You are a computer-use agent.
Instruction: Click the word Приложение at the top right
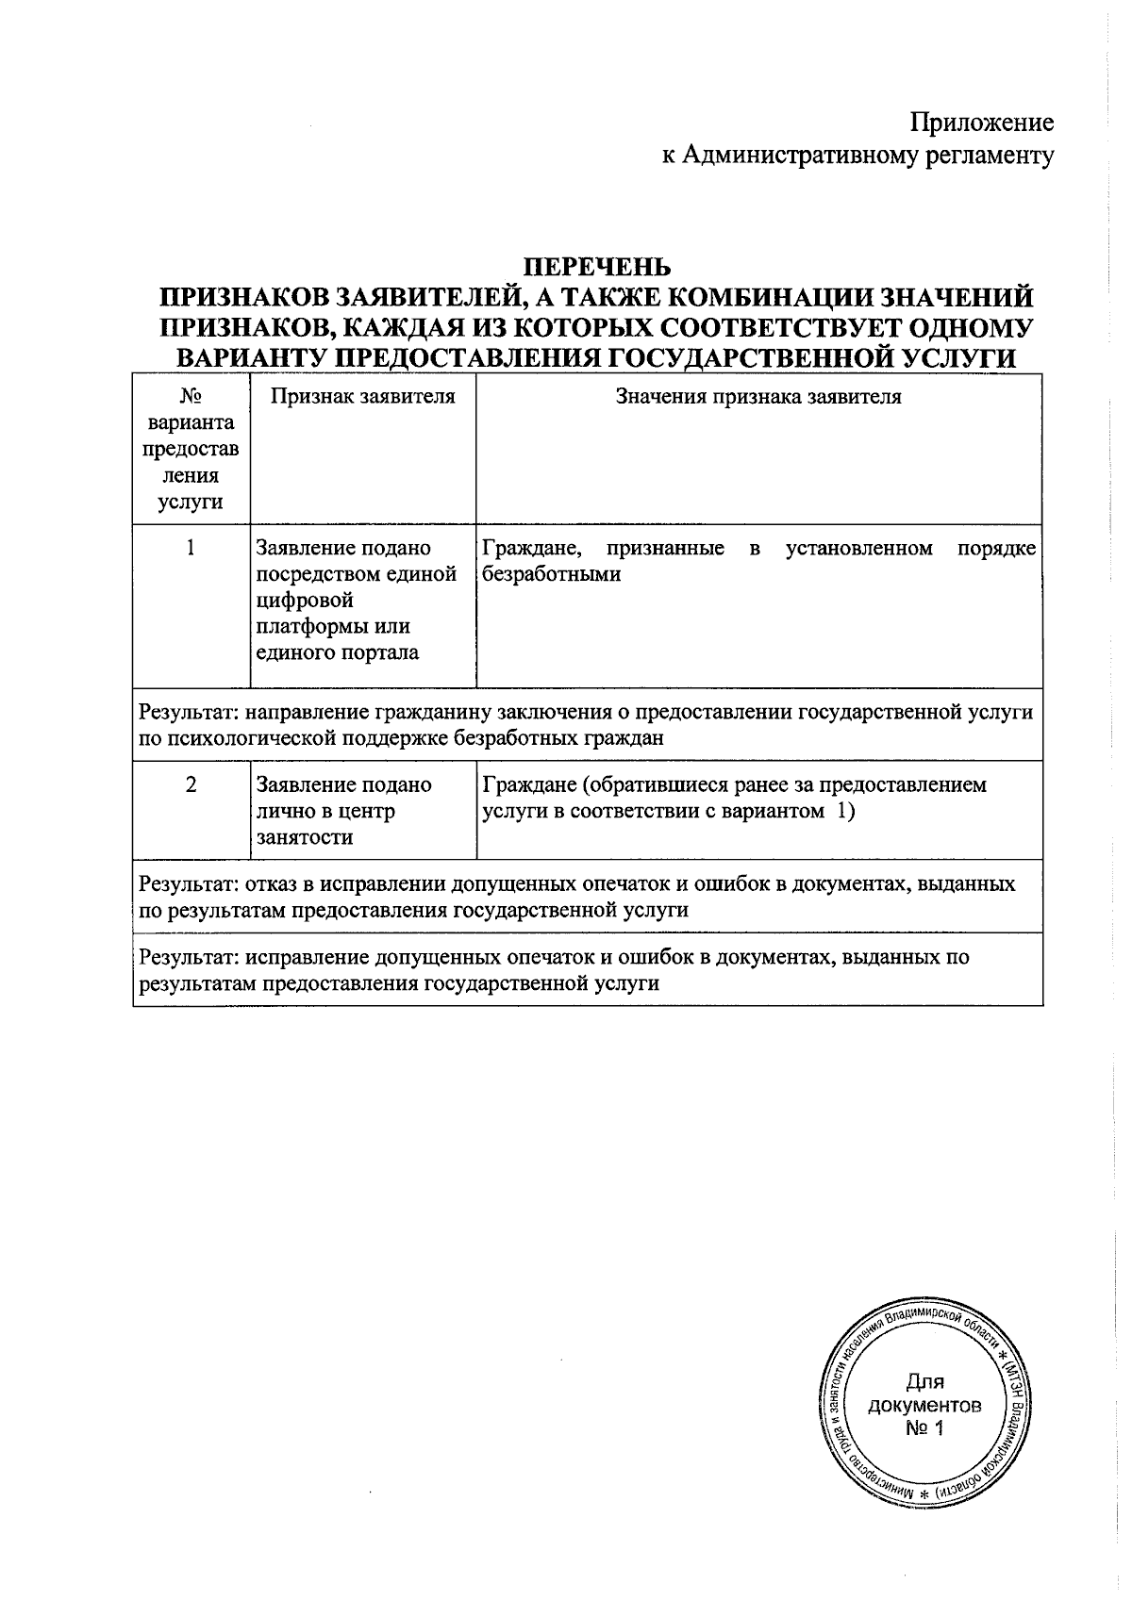[x=981, y=124]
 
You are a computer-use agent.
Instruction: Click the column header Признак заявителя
[x=363, y=397]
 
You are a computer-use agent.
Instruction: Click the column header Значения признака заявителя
[x=758, y=397]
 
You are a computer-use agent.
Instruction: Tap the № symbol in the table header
[x=191, y=397]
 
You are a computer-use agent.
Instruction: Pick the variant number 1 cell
[x=191, y=548]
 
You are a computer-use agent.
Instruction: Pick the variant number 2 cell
[x=191, y=784]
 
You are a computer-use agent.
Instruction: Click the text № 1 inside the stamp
[x=924, y=1428]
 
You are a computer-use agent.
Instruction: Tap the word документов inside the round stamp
[x=924, y=1406]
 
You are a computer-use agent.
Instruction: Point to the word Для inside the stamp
[x=924, y=1382]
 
